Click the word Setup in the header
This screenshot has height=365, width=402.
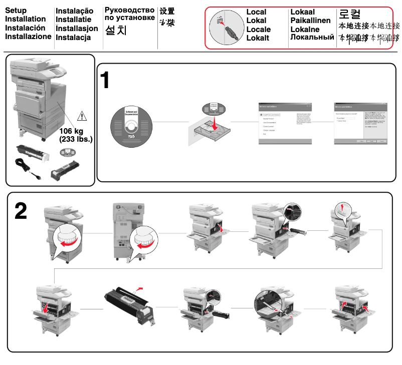click(16, 11)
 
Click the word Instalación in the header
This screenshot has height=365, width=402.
click(25, 28)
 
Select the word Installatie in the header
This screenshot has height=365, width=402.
click(73, 20)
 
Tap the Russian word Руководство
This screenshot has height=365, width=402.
click(129, 10)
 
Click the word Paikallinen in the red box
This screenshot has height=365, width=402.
click(310, 21)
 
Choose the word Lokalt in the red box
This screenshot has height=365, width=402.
click(258, 38)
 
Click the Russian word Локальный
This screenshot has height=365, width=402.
click(312, 38)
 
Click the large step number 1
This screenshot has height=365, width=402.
click(106, 81)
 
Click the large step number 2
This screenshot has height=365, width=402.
click(21, 211)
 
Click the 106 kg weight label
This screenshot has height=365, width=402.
click(72, 132)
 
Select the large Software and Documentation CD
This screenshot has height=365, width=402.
click(131, 126)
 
